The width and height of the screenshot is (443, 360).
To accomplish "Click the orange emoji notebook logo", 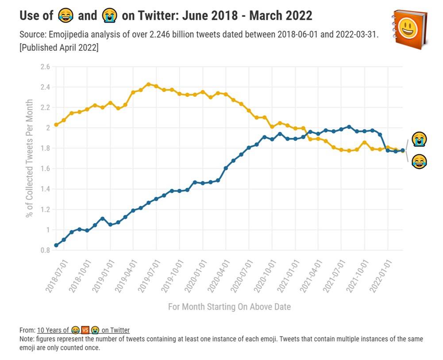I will tap(410, 29).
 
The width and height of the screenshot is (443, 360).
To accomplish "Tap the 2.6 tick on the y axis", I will tap(45, 67).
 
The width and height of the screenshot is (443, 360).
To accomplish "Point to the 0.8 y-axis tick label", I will tap(45, 250).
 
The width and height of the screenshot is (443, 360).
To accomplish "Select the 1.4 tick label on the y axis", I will tap(45, 189).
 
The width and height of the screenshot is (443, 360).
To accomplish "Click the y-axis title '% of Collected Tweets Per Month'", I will tap(30, 158).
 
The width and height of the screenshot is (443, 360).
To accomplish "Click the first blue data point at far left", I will tap(56, 245).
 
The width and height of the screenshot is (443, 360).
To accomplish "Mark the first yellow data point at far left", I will tap(56, 125).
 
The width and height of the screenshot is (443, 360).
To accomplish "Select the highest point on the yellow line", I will tap(149, 84).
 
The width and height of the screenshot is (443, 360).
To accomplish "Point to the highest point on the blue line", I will tap(349, 127).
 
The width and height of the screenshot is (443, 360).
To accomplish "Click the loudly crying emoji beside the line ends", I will tap(419, 139).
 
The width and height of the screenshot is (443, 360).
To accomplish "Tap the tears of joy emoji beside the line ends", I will tap(419, 161).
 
